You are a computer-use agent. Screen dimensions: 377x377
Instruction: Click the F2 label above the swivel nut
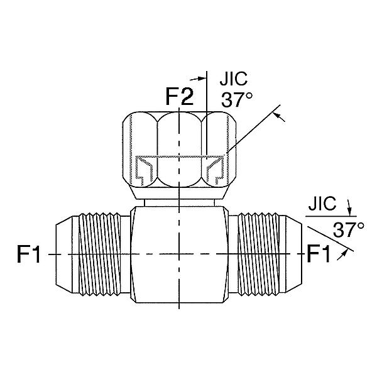(180, 96)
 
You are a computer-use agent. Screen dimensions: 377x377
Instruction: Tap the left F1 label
(29, 254)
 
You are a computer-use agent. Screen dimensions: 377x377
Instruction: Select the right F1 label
(319, 254)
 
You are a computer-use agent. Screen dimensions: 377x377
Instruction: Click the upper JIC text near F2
(234, 79)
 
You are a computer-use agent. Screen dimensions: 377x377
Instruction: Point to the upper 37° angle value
(237, 100)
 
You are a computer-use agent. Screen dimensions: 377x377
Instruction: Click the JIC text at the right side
(322, 204)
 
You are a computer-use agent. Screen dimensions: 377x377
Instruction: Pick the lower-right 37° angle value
(348, 229)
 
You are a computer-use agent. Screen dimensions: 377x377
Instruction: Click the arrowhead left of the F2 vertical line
(202, 79)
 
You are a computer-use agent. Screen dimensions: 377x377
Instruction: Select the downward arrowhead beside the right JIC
(350, 212)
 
